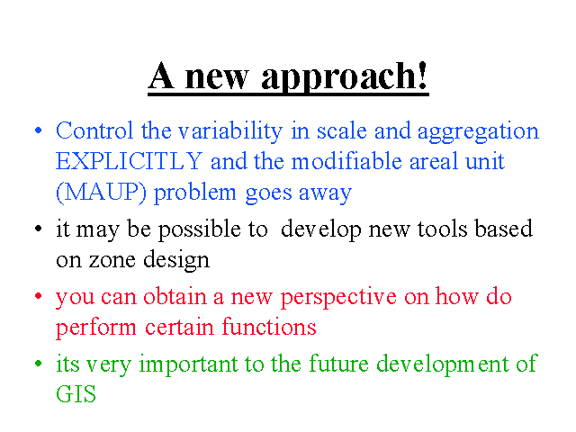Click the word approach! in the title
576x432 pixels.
pos(345,78)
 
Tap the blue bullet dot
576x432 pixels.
pos(38,130)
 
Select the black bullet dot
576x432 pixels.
pos(38,229)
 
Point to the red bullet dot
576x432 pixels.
pos(38,296)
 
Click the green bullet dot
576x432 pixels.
pos(38,364)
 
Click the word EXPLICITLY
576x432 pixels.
pos(129,161)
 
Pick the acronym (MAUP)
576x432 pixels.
pos(101,192)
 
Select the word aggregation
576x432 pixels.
pos(478,132)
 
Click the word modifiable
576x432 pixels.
pos(346,161)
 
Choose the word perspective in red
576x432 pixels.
pos(338,298)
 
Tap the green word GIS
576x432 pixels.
pos(76,394)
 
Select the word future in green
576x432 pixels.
pos(338,364)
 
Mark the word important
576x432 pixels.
pos(189,365)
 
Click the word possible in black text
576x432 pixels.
pos(200,230)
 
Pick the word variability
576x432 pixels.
pos(230,132)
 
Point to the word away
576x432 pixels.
pos(325,194)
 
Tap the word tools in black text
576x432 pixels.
pos(443,229)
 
